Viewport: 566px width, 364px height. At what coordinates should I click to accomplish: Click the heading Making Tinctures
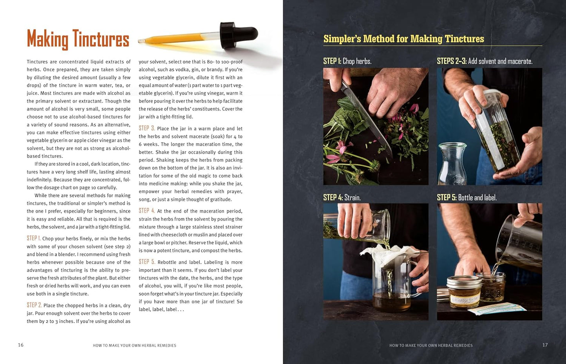click(x=78, y=39)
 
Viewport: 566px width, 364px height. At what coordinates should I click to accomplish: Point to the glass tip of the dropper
click(x=141, y=41)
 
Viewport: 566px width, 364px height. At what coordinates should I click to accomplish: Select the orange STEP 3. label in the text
click(x=146, y=128)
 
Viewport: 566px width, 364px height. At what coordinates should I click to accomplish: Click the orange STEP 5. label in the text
click(x=147, y=262)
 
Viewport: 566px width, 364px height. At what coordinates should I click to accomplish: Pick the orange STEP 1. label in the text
click(x=34, y=238)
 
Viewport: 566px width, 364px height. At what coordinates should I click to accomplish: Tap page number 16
click(x=21, y=345)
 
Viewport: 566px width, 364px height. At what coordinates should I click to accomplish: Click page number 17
click(x=545, y=345)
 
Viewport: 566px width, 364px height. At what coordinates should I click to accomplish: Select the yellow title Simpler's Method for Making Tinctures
click(x=404, y=39)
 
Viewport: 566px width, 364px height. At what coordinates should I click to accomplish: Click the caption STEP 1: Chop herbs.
click(x=347, y=61)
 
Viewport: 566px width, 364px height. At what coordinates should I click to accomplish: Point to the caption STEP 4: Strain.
click(x=342, y=197)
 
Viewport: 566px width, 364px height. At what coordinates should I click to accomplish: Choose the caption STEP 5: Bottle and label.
click(x=467, y=197)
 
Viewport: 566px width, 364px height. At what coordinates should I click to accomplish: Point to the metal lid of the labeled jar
click(x=464, y=281)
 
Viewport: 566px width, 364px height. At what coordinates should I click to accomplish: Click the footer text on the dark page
click(x=431, y=345)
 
